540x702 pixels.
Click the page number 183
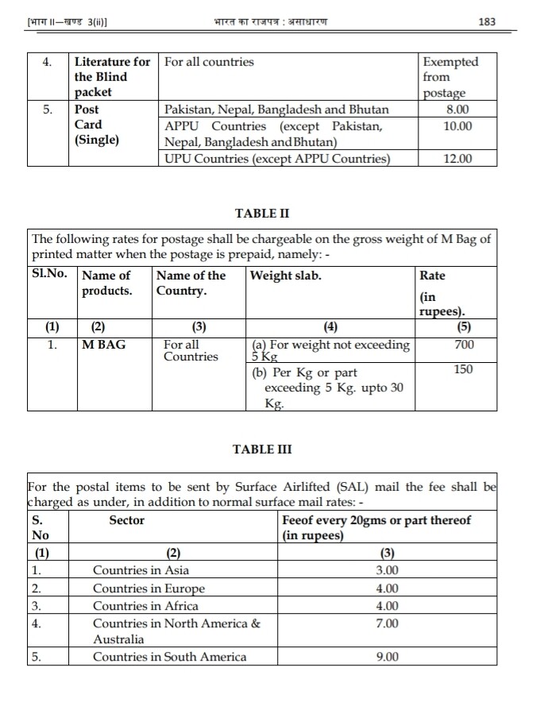[488, 21]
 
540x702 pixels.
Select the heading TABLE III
[262, 449]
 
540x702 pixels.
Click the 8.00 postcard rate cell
[457, 110]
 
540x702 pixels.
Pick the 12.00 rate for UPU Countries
[457, 159]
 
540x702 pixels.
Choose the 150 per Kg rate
[464, 369]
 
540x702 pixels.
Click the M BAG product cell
[104, 345]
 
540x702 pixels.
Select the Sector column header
[126, 520]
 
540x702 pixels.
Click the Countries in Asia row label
[141, 570]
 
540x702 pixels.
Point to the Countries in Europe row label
[148, 588]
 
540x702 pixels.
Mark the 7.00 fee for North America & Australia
[388, 623]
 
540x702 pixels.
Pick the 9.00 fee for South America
[388, 657]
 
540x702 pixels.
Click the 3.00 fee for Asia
[388, 570]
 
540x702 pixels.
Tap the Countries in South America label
[169, 657]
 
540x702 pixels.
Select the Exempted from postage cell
[450, 77]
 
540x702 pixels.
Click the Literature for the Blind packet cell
[111, 77]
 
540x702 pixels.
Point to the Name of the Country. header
[191, 283]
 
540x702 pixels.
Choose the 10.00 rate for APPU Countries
[457, 126]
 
